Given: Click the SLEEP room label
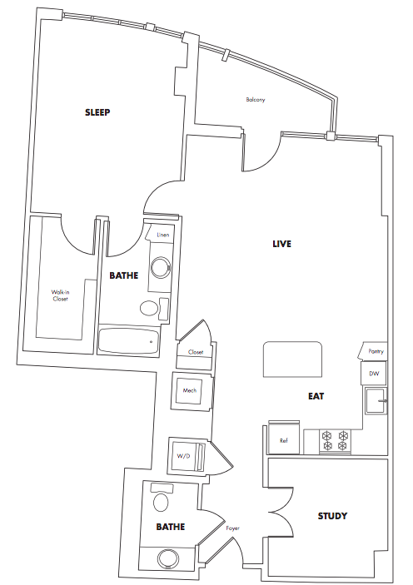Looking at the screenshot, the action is [x=97, y=112].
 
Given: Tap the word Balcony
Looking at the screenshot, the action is [x=256, y=100].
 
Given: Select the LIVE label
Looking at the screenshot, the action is [x=281, y=244].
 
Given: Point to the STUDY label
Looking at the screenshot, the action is [x=332, y=516].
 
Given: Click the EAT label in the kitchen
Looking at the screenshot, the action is [x=316, y=396].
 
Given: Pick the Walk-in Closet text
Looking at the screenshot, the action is [x=60, y=296].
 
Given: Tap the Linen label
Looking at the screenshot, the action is [x=163, y=235].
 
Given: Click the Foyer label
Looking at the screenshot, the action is [x=232, y=528].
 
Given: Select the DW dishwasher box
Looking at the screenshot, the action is [x=374, y=374].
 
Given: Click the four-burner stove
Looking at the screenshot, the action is [x=336, y=441].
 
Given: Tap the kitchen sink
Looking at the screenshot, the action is [x=376, y=401].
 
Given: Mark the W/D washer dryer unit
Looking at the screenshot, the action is [x=187, y=457].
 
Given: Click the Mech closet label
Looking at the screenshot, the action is [x=190, y=390].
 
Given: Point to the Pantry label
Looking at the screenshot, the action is [x=376, y=351].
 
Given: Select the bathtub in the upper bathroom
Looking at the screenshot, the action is [x=129, y=341].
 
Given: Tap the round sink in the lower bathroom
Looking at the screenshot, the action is [x=168, y=559].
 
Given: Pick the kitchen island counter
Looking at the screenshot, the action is [x=292, y=359].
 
